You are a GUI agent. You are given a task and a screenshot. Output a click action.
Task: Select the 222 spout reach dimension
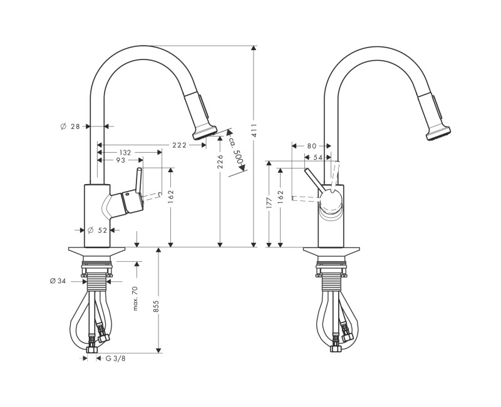180,145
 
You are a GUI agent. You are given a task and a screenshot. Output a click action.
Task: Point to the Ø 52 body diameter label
98,230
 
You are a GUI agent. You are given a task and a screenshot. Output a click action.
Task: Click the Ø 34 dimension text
58,281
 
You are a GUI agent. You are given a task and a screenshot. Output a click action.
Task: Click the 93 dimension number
120,161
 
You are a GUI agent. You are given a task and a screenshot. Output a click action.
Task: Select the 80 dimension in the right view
311,146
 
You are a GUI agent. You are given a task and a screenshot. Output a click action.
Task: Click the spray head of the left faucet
205,130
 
